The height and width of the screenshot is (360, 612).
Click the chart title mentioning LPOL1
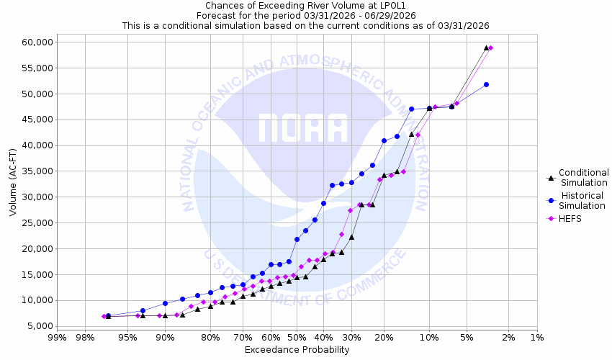305,6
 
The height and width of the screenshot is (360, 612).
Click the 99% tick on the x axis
57,338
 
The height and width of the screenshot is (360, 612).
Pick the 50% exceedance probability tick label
297,338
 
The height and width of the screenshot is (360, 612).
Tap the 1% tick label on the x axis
537,338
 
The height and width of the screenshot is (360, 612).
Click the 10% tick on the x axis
429,338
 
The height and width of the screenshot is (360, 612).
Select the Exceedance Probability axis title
297,350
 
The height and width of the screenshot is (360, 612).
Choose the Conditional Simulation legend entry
583,177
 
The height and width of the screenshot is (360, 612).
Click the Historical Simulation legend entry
583,200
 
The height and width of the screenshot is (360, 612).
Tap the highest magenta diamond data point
490,48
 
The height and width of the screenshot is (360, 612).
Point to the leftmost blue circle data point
108,316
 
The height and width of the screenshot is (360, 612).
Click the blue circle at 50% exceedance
297,239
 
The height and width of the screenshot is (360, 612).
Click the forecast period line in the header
305,15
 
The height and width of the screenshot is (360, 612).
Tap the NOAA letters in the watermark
303,128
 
